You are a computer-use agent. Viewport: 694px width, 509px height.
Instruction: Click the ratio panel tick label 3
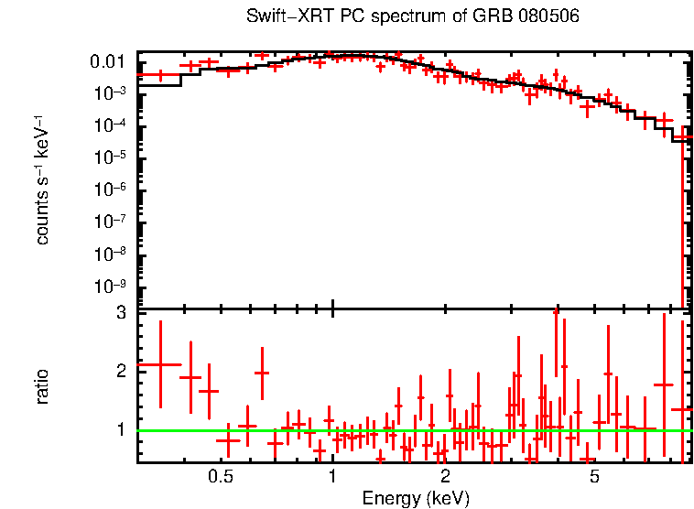point(120,313)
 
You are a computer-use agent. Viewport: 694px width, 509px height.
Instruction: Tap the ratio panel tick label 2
point(120,371)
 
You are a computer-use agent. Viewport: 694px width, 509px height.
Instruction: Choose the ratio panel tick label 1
point(120,429)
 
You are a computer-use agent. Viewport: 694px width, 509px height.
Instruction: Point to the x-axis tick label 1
point(332,477)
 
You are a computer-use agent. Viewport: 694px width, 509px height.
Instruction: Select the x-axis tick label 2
point(445,477)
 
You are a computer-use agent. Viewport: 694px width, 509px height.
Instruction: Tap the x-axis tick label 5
point(594,477)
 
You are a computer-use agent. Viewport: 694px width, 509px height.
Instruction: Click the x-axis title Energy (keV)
point(416,499)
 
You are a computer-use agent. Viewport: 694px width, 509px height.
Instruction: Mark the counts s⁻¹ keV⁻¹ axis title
point(42,179)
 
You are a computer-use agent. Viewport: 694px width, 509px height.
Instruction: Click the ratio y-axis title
point(42,386)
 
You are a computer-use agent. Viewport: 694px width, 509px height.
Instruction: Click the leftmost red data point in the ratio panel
point(160,364)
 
